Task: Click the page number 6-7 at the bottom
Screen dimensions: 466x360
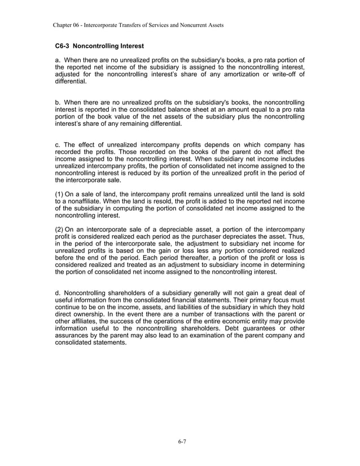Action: [x=179, y=441]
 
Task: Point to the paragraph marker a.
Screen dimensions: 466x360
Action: [x=57, y=60]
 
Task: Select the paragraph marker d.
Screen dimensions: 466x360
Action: [x=57, y=293]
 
